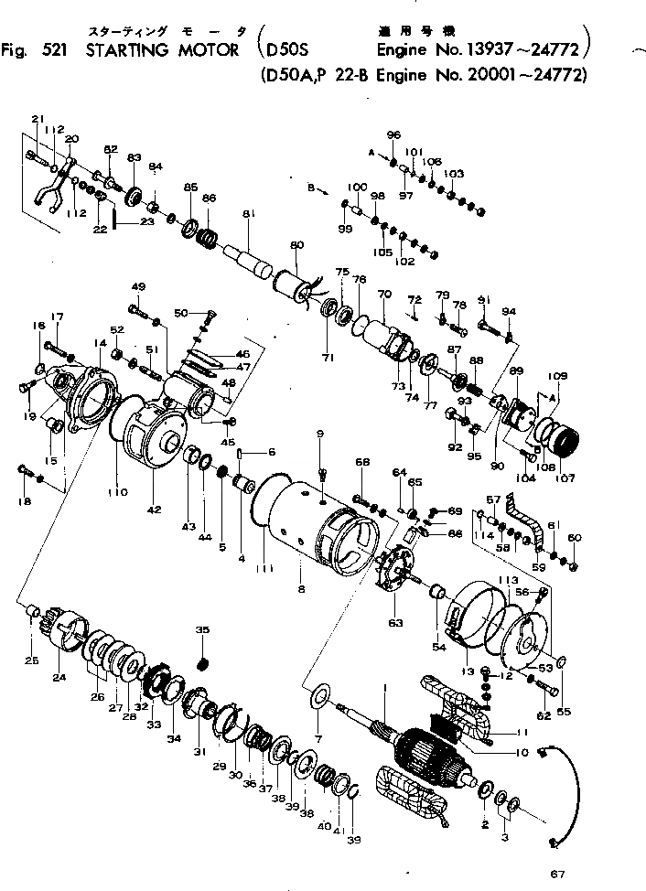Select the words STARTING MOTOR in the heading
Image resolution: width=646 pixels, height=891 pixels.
point(167,49)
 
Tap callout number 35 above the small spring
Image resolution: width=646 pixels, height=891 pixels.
point(203,630)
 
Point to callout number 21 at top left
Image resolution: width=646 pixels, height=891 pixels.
point(38,120)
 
